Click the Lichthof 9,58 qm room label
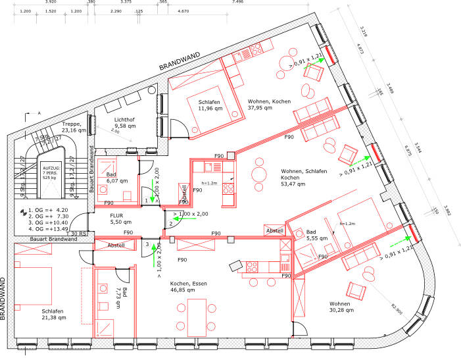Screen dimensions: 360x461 124,121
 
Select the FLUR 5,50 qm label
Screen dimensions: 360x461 121,219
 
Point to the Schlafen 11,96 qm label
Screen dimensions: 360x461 212,105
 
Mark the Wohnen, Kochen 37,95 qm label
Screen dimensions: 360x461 269,105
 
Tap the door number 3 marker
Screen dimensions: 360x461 147,244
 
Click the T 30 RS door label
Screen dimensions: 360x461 78,234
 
